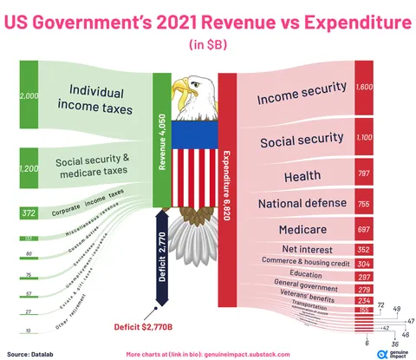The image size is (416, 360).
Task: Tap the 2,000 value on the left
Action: click(x=30, y=97)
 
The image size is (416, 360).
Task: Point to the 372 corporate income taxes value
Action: click(x=29, y=213)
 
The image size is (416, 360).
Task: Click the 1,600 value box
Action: click(x=364, y=87)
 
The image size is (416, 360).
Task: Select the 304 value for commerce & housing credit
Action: click(x=363, y=263)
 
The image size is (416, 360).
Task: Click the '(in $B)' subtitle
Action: click(x=208, y=43)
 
